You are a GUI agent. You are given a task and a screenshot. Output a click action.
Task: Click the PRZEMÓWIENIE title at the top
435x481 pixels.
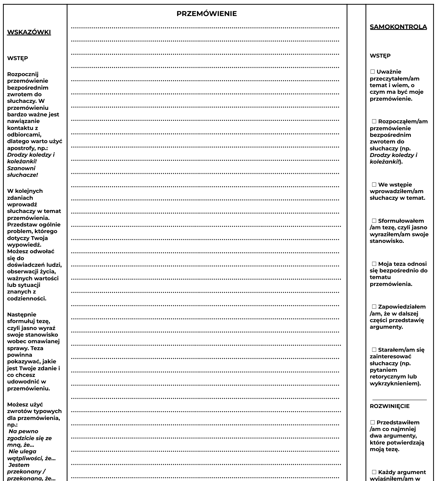click(206, 14)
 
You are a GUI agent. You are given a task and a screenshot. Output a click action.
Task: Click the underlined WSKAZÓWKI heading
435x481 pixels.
click(29, 32)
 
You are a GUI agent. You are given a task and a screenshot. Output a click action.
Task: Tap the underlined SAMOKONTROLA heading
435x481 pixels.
click(398, 27)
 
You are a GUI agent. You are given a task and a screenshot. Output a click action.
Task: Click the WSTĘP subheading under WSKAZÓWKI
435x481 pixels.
click(18, 58)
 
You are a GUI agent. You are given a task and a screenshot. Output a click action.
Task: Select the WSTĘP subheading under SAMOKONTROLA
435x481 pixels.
click(380, 56)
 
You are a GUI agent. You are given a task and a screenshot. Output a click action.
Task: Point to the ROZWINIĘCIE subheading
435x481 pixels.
click(389, 406)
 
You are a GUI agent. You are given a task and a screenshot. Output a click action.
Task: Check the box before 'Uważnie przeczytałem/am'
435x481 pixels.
click(373, 72)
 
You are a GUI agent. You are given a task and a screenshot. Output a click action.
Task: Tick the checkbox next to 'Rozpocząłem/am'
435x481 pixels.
click(374, 121)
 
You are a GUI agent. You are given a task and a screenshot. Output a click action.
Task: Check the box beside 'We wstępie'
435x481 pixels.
click(374, 185)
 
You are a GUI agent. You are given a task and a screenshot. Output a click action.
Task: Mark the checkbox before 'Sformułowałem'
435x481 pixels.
click(374, 221)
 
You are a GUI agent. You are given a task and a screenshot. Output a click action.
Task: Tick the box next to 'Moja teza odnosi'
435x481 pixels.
click(374, 264)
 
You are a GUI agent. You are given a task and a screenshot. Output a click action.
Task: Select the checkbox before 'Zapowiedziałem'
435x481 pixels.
click(374, 307)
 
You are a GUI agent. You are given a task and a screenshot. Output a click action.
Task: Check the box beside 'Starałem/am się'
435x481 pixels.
click(374, 350)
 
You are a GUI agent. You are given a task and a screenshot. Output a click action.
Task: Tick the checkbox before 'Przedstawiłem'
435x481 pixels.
click(373, 422)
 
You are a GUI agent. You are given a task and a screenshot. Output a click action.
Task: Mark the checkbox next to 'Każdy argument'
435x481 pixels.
click(374, 472)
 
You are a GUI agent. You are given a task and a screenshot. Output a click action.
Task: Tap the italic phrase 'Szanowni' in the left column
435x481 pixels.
click(21, 168)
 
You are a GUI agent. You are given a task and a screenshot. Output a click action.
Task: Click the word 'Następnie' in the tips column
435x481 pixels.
click(22, 315)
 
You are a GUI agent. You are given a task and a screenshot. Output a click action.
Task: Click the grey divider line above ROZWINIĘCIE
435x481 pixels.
click(399, 400)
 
